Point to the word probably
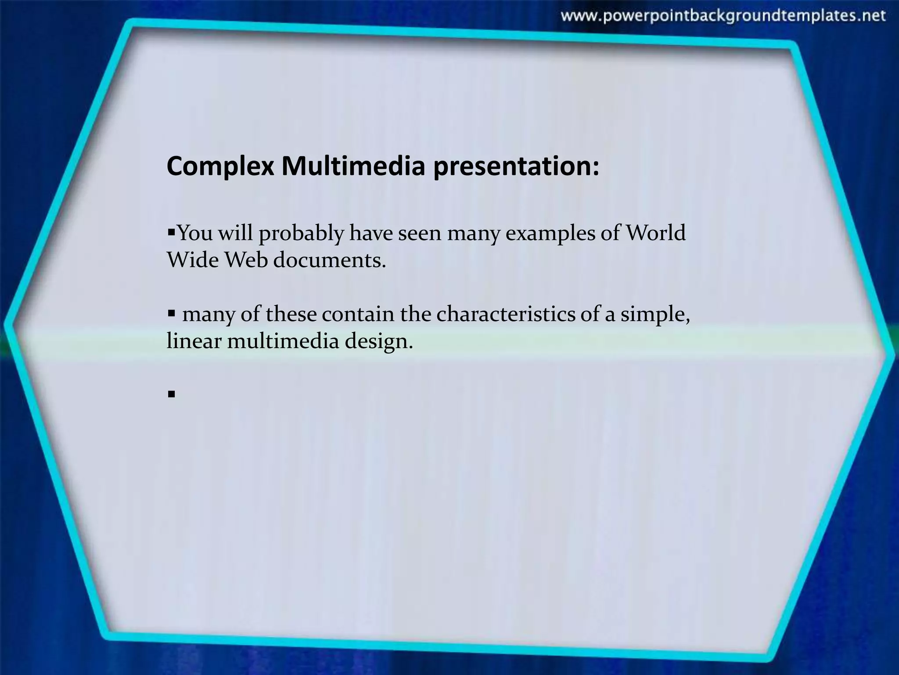coord(301,233)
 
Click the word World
coord(655,233)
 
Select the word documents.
coord(329,260)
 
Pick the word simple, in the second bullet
coord(654,315)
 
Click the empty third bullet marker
coord(171,394)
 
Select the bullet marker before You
coord(171,230)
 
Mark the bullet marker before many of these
coord(171,313)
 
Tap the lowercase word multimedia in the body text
coord(283,341)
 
